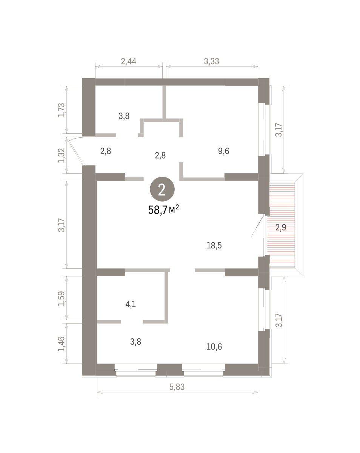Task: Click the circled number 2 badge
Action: click(x=162, y=189)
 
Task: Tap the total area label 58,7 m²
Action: click(x=163, y=210)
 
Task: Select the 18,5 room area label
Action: click(x=214, y=245)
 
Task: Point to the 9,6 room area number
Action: click(x=223, y=151)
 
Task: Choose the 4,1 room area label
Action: click(x=131, y=304)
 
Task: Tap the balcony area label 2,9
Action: click(x=281, y=227)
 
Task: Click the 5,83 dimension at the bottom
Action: click(x=177, y=387)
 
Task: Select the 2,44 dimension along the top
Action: click(x=129, y=61)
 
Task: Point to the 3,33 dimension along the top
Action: click(x=211, y=61)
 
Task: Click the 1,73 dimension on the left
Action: click(x=61, y=110)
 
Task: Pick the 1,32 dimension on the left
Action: click(x=61, y=156)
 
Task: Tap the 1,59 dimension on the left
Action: click(x=61, y=299)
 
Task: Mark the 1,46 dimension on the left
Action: click(x=61, y=344)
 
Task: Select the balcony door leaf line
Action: click(x=257, y=225)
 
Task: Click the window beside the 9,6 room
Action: click(x=264, y=129)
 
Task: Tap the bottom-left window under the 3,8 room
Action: click(x=136, y=370)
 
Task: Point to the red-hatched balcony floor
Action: click(x=281, y=225)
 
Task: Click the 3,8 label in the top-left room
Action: click(x=124, y=116)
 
